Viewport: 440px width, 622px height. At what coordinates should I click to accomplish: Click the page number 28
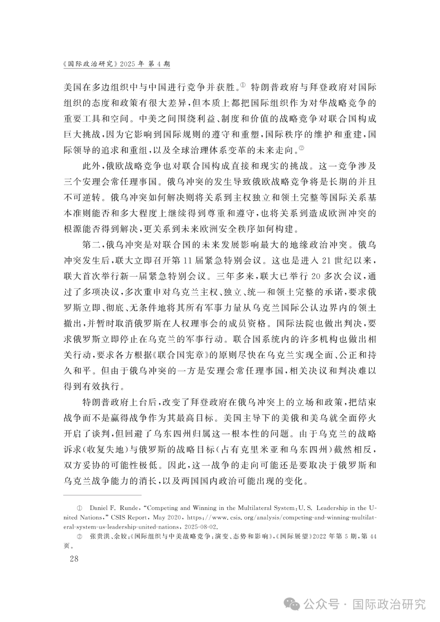pyautogui.click(x=74, y=558)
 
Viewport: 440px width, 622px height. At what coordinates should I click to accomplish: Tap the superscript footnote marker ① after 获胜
pyautogui.click(x=243, y=85)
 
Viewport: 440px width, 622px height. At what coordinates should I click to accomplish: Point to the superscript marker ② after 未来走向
pyautogui.click(x=301, y=147)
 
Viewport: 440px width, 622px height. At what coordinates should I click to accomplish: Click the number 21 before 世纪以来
pyautogui.click(x=324, y=261)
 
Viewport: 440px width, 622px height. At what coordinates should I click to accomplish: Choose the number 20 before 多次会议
pyautogui.click(x=317, y=277)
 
